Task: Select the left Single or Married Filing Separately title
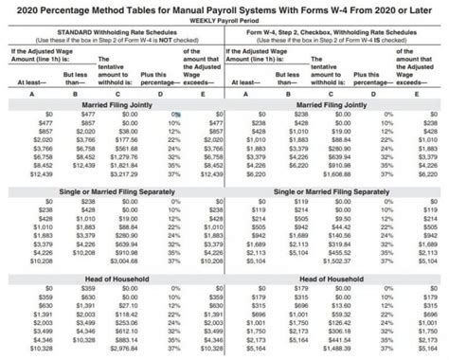(x=112, y=191)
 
